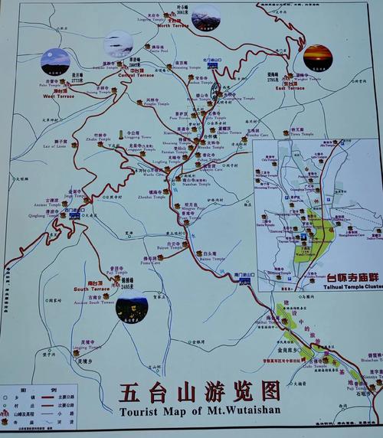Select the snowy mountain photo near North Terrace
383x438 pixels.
pos(205,18)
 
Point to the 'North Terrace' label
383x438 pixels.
pos(172,25)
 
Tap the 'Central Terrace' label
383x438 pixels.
pos(136,75)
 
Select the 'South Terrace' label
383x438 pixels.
pos(91,289)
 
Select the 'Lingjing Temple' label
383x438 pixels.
pos(86,347)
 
